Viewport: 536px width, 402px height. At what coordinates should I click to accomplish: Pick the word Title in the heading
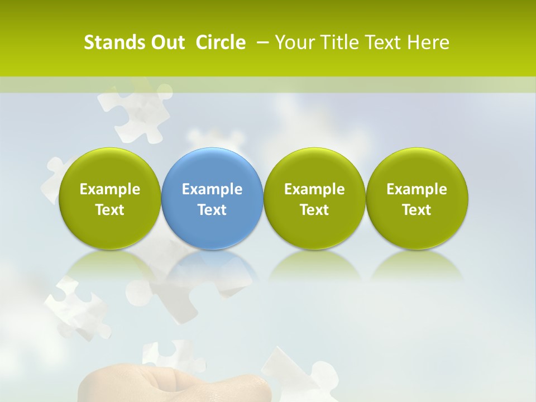(x=337, y=42)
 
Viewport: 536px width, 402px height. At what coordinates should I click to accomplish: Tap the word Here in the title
(x=429, y=42)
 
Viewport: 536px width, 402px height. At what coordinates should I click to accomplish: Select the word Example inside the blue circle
(x=212, y=189)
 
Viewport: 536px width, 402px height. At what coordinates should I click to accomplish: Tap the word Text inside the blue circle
(x=212, y=210)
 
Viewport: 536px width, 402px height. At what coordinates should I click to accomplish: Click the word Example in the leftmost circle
(x=109, y=189)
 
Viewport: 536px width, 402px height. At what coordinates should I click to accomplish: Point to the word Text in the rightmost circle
(x=417, y=210)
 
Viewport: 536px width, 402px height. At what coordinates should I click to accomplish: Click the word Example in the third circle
(x=314, y=189)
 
